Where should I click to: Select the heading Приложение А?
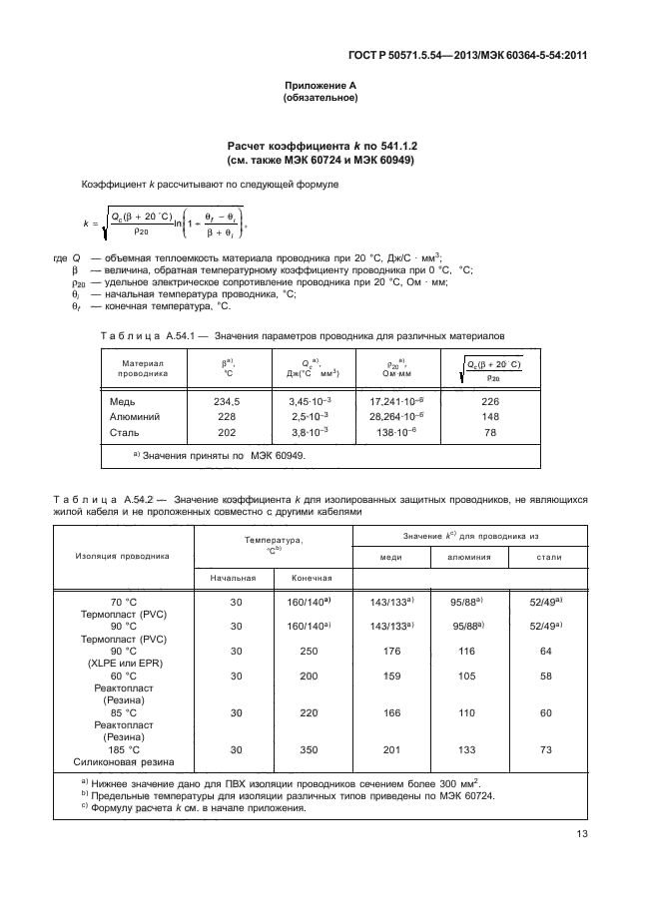(322, 86)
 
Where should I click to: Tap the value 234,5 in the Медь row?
(229, 401)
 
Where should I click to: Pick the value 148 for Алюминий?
(490, 416)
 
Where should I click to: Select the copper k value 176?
(391, 651)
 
